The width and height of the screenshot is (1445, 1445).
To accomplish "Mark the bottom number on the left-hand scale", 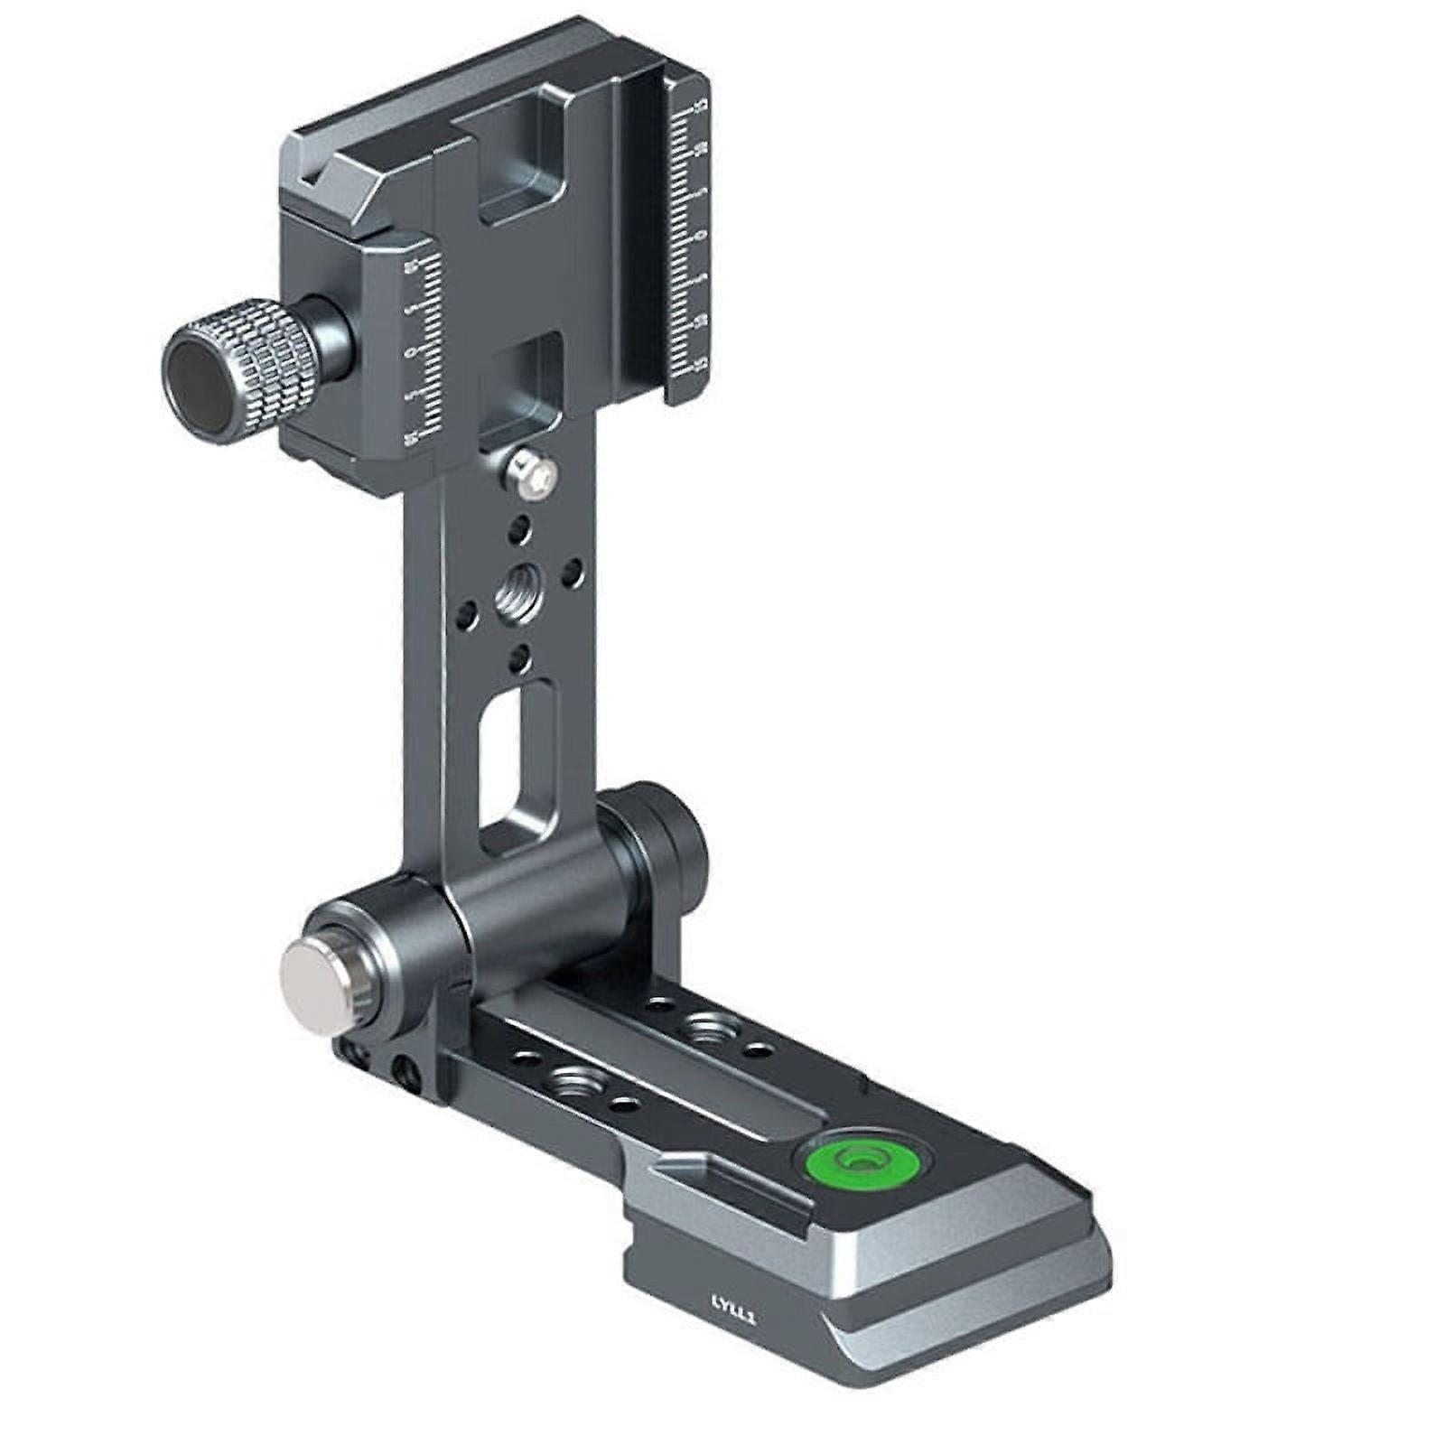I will (412, 439).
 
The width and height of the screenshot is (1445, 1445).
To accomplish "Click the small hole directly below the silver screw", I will (518, 527).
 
